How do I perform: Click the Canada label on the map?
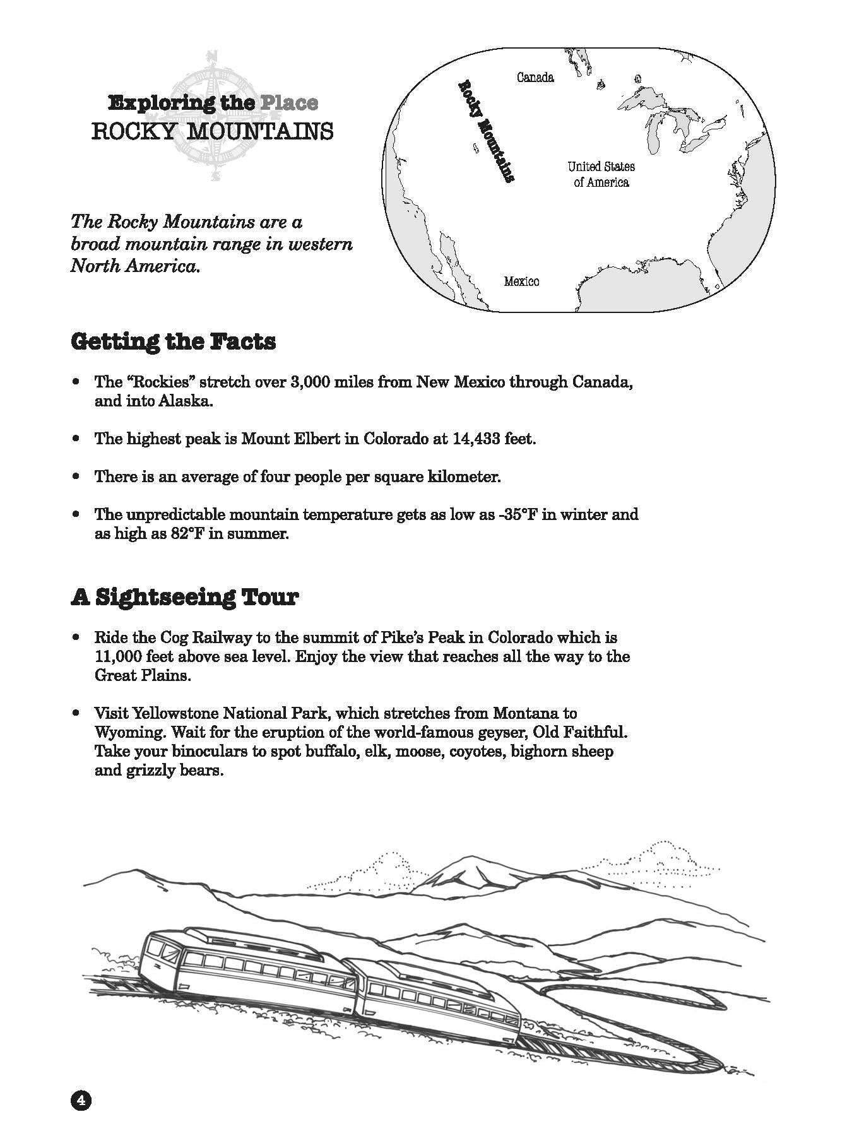pyautogui.click(x=535, y=78)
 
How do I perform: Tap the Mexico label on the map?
pyautogui.click(x=521, y=281)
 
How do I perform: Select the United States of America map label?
pyautogui.click(x=601, y=174)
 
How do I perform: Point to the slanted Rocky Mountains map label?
pyautogui.click(x=485, y=131)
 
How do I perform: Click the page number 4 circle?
pyautogui.click(x=81, y=1101)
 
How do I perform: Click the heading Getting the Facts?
pyautogui.click(x=174, y=341)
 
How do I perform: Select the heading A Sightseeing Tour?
pyautogui.click(x=184, y=596)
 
